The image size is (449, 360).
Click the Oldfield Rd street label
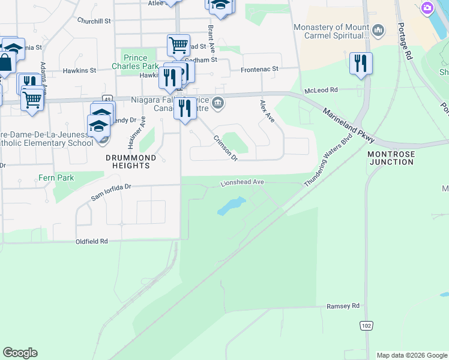(x=91, y=241)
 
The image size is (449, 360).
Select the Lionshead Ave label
(x=243, y=182)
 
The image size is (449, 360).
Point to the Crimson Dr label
(x=226, y=148)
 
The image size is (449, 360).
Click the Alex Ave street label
(x=267, y=112)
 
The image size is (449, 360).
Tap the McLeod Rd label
(x=321, y=90)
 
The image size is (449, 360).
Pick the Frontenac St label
(x=259, y=70)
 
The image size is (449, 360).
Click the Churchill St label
(x=94, y=20)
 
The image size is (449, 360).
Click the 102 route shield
(x=365, y=325)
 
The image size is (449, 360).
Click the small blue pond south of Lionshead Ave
(x=228, y=208)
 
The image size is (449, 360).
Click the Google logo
(x=20, y=353)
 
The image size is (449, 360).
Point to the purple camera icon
(x=427, y=8)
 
